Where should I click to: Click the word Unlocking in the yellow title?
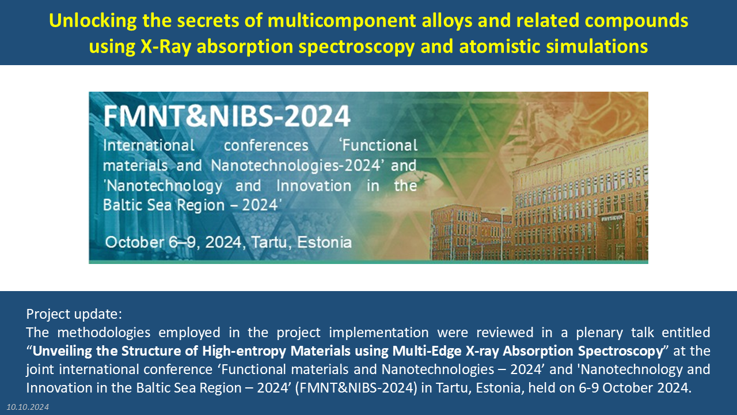tap(93, 21)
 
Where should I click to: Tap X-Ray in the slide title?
tap(166, 46)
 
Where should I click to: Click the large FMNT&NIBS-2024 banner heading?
tap(227, 116)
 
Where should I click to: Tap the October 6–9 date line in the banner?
tap(229, 243)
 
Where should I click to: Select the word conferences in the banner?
tap(266, 145)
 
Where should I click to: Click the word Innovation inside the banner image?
tap(314, 186)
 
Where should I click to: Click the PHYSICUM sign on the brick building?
tap(612, 218)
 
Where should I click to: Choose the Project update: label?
tap(74, 314)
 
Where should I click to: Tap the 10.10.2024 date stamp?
tap(28, 407)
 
